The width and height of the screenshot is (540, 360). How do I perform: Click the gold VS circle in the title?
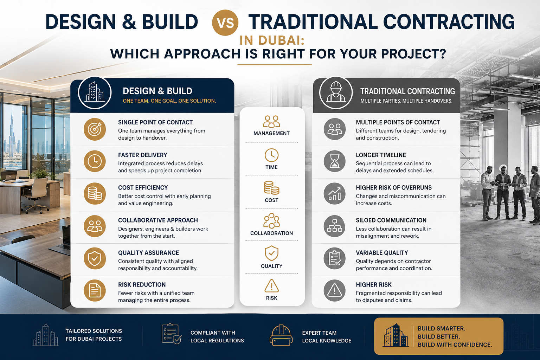(225, 22)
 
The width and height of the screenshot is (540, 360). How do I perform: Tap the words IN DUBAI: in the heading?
(272, 40)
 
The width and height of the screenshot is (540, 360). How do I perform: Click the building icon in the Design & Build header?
(95, 92)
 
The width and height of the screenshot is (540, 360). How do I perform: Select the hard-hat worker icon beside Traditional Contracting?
(336, 92)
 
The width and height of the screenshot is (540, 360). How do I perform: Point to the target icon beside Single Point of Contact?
(95, 129)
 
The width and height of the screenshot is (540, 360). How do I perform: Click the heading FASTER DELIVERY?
(142, 155)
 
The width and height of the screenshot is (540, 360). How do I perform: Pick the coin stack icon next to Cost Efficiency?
(95, 194)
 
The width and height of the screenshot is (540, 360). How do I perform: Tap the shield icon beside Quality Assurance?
(95, 258)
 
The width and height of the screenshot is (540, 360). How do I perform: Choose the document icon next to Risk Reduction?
(95, 290)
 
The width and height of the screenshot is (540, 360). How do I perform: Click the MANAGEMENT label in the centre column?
(271, 133)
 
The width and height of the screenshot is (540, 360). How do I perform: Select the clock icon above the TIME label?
(271, 155)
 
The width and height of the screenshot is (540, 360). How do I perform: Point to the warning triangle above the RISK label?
(272, 286)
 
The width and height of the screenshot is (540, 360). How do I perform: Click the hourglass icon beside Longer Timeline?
(335, 161)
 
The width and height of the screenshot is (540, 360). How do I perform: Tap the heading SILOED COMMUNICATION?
(391, 220)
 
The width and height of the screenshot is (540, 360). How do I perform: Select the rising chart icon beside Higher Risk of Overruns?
(335, 194)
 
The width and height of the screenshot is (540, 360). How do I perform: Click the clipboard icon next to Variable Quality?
(335, 258)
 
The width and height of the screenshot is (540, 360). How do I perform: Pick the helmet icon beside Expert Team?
(281, 335)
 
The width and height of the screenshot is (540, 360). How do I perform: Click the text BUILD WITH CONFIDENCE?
(455, 345)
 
